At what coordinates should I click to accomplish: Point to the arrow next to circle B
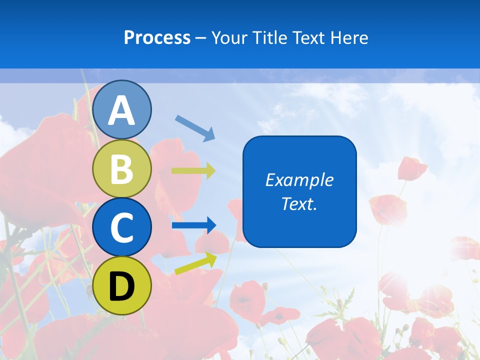click(x=193, y=170)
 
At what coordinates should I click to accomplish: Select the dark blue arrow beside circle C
click(x=193, y=225)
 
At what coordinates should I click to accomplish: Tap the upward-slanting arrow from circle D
click(x=195, y=263)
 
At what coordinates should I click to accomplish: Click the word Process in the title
click(x=157, y=37)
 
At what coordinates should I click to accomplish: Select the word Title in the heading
click(x=267, y=37)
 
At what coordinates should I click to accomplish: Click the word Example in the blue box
click(x=299, y=180)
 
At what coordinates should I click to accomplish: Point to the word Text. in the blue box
click(x=299, y=204)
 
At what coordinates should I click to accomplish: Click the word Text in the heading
click(x=308, y=37)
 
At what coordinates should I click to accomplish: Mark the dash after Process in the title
click(x=201, y=38)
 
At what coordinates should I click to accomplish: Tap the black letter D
click(x=122, y=286)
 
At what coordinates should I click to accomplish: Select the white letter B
click(x=122, y=169)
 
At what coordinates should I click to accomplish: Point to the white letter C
click(x=122, y=228)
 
